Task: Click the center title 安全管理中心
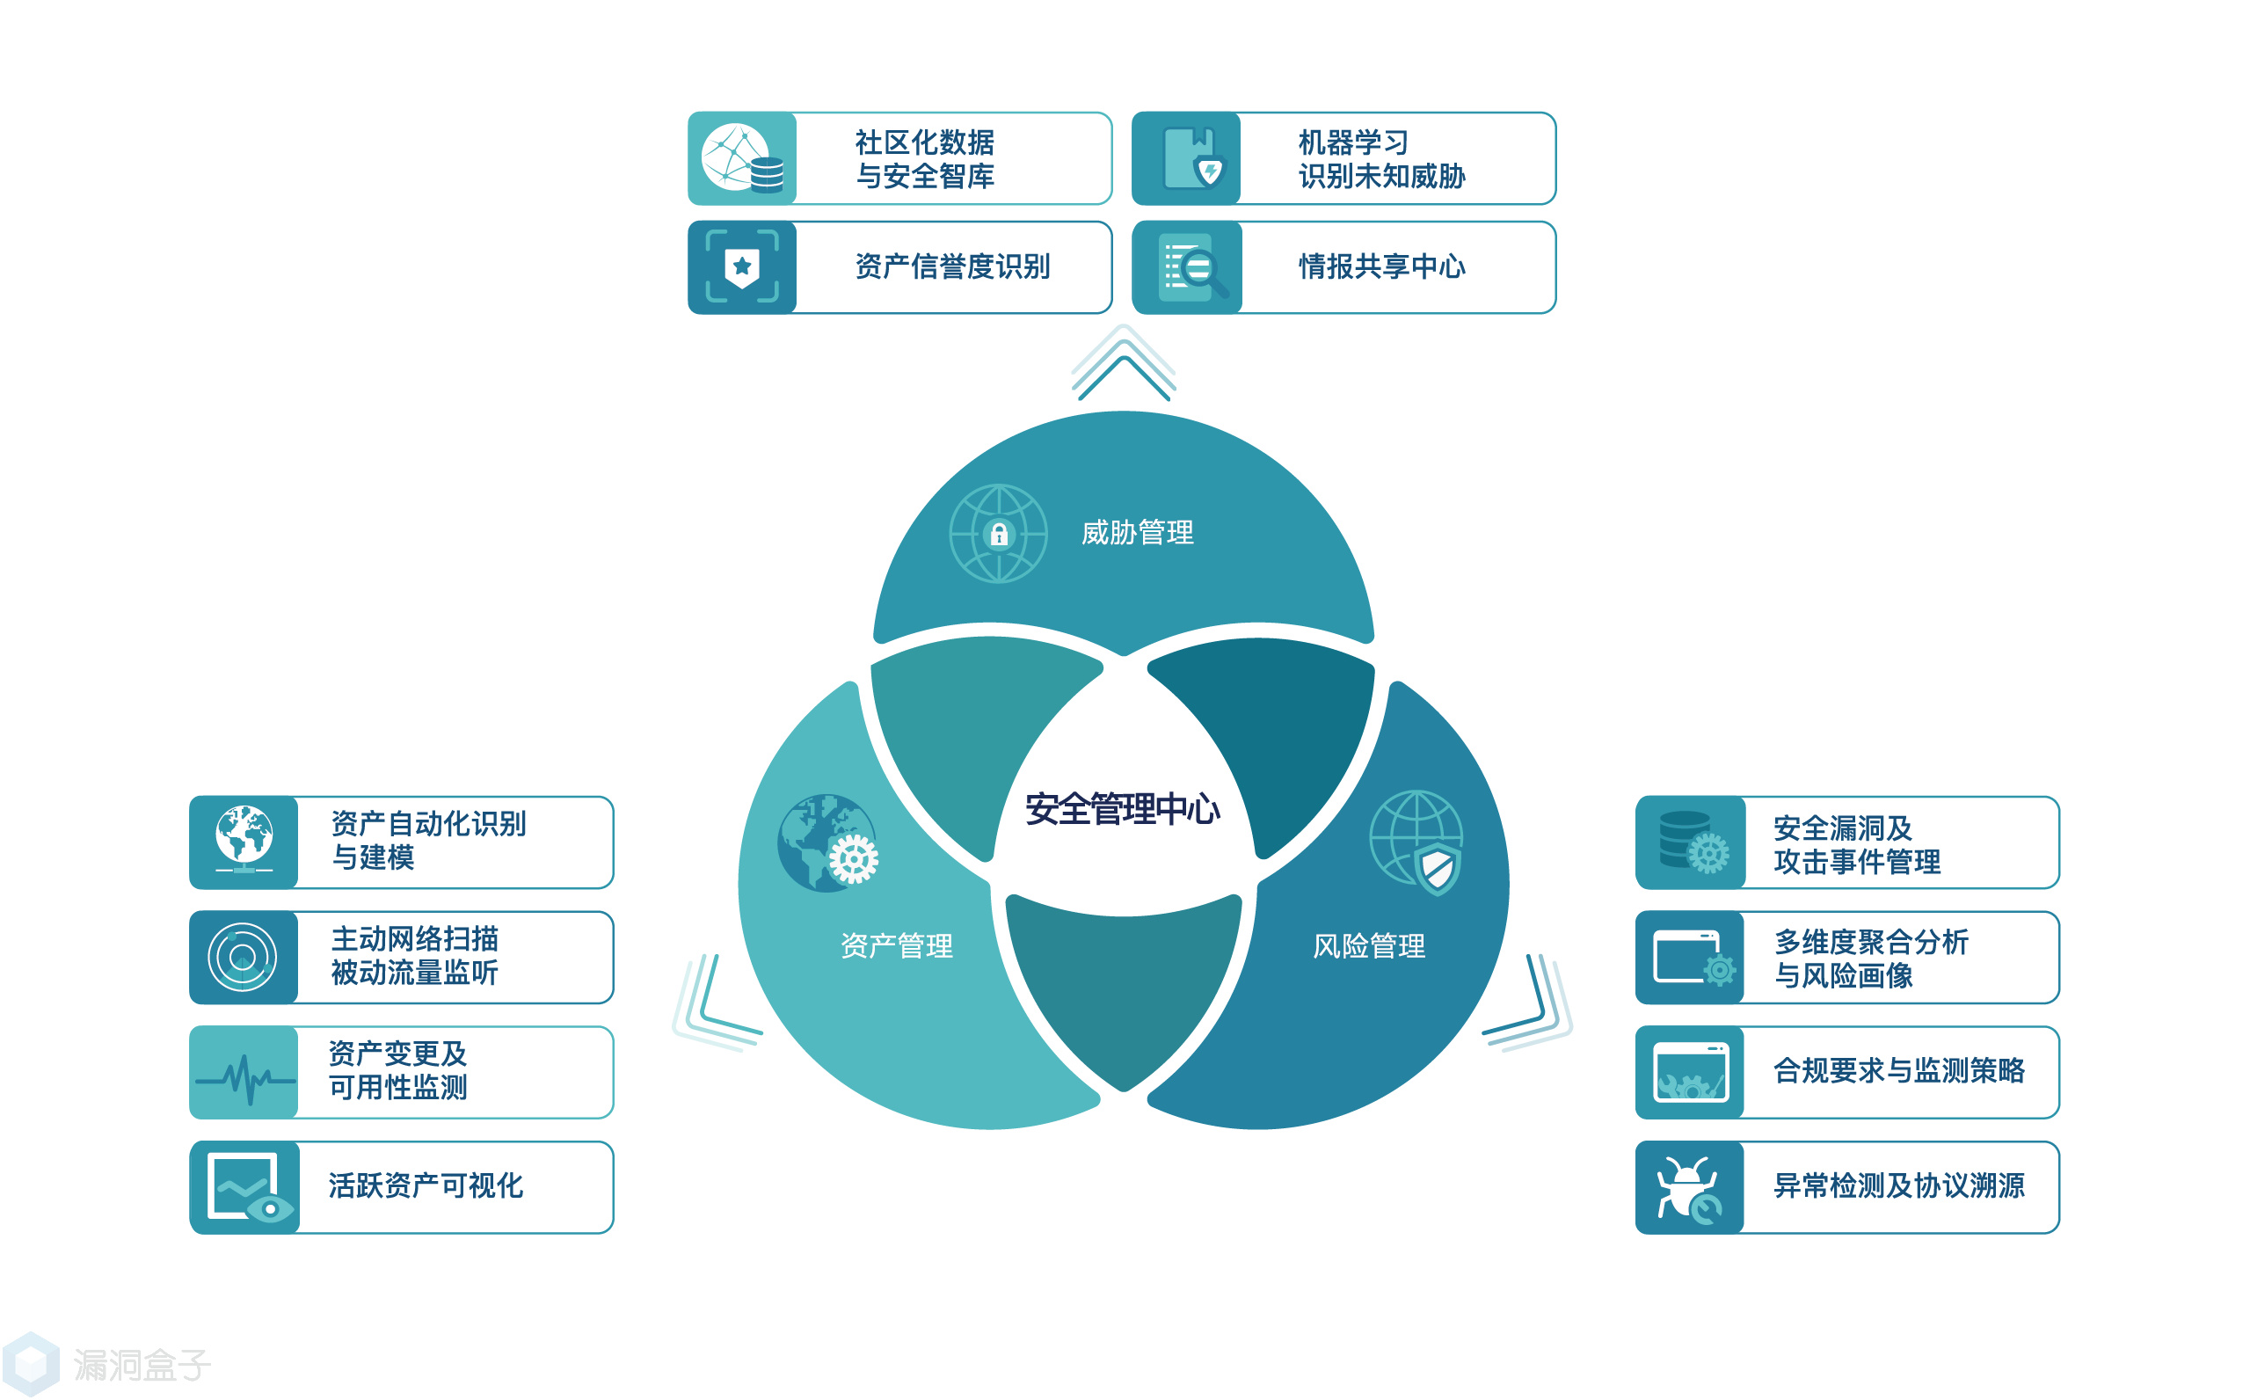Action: pos(1122,809)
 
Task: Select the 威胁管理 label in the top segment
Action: pos(1137,532)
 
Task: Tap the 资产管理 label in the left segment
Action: pos(896,945)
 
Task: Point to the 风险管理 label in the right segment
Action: pos(1368,945)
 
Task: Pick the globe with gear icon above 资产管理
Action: pos(827,842)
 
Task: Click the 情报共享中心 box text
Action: pos(1381,266)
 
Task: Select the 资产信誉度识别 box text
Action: pos(951,266)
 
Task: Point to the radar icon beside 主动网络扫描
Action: pos(243,957)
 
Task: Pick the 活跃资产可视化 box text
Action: pos(426,1186)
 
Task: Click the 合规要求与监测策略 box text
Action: pos(1897,1071)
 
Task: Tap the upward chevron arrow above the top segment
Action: pos(1123,367)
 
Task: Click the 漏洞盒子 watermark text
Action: pos(142,1365)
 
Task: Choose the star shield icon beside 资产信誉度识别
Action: pos(741,266)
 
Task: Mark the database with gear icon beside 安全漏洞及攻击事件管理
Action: pos(1690,842)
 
